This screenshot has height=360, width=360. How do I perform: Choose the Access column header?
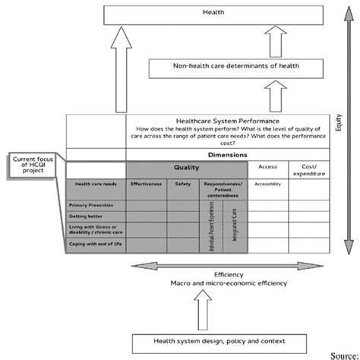[x=267, y=166]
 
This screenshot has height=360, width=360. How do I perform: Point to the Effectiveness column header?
[x=145, y=185]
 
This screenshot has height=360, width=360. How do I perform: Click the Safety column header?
[x=182, y=185]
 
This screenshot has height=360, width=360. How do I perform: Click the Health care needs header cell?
[x=94, y=185]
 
